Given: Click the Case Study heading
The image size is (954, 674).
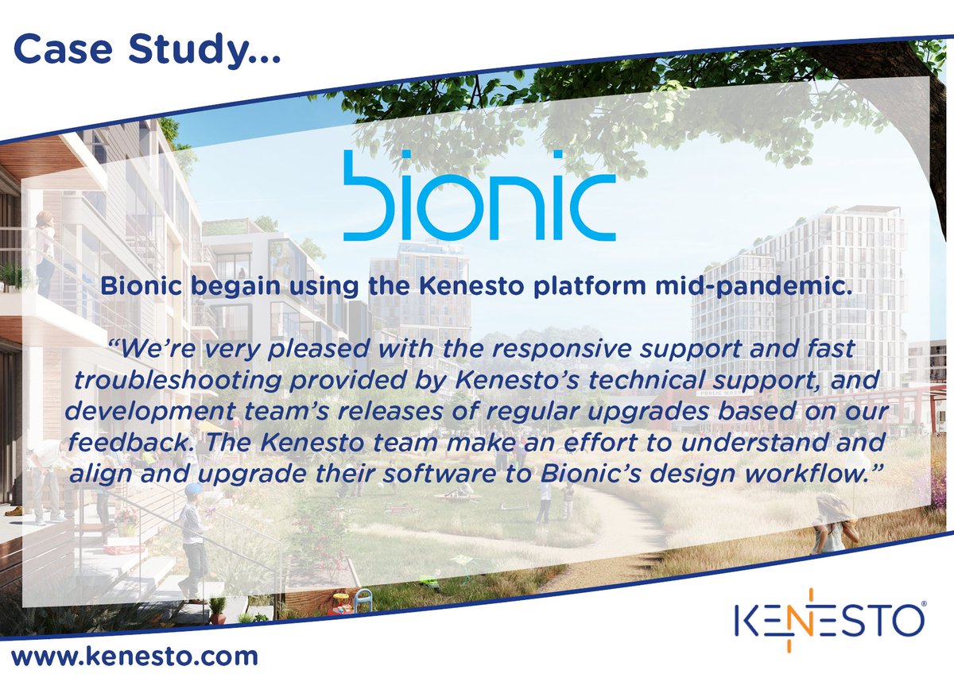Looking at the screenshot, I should click(144, 49).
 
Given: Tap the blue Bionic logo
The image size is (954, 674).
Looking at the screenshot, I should click(479, 196).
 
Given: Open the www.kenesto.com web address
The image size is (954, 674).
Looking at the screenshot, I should click(135, 657).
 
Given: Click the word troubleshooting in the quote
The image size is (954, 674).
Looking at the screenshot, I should click(168, 381).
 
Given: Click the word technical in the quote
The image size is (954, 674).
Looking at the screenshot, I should click(608, 381).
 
